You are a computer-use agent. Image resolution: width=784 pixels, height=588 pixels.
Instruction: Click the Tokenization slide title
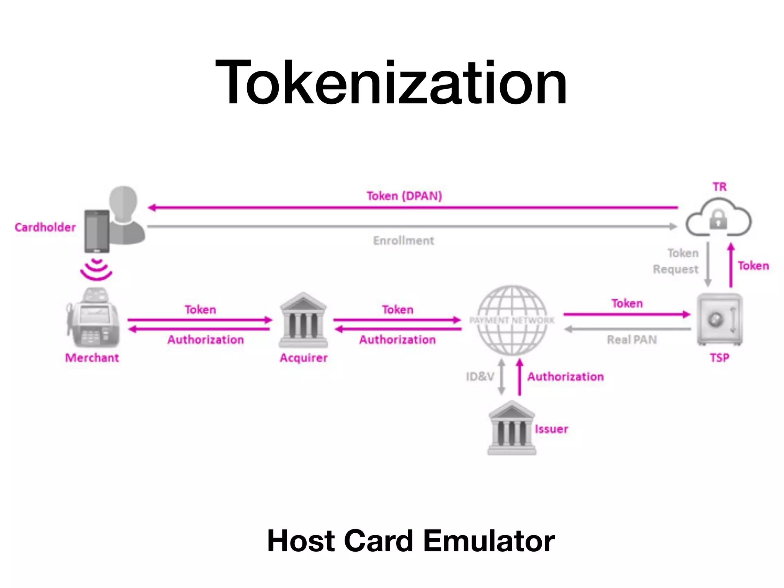point(391,82)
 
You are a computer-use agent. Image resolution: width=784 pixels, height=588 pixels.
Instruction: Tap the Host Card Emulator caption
point(411,541)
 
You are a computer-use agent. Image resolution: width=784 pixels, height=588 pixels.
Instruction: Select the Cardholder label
point(45,227)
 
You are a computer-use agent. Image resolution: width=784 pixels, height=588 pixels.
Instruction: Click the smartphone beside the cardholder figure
point(97,231)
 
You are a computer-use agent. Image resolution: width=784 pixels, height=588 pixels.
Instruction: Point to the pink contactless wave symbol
point(96,269)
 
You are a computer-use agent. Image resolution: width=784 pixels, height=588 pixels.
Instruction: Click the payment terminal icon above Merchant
point(93,318)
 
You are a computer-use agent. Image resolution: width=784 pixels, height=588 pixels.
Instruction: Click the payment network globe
point(512,320)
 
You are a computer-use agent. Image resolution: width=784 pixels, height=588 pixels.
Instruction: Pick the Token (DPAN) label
point(404,196)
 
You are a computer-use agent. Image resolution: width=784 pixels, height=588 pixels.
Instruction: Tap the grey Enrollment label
point(403,241)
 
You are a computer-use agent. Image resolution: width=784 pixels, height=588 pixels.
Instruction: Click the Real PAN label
point(632,340)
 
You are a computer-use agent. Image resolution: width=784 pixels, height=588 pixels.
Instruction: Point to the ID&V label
point(480,377)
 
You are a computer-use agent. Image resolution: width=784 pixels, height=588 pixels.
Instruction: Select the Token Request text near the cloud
point(676,261)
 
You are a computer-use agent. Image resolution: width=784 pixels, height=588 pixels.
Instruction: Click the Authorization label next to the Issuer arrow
point(565,377)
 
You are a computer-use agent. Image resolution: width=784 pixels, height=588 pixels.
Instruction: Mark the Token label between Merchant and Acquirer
point(200,310)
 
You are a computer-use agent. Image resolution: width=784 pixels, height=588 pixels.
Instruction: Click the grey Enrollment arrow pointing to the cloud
point(412,227)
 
